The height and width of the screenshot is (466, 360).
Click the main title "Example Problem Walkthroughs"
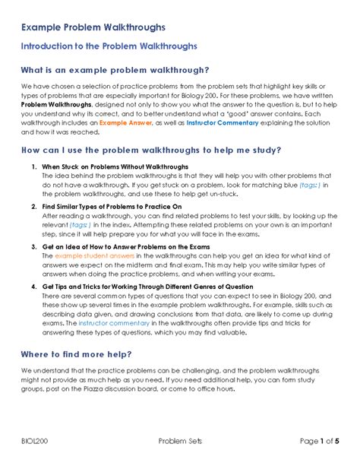[92, 27]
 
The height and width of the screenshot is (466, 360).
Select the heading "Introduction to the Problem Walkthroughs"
[109, 46]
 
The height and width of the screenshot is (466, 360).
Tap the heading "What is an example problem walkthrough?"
[115, 71]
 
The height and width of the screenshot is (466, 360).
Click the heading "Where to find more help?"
[77, 354]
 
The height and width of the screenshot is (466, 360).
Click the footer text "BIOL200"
[36, 442]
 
